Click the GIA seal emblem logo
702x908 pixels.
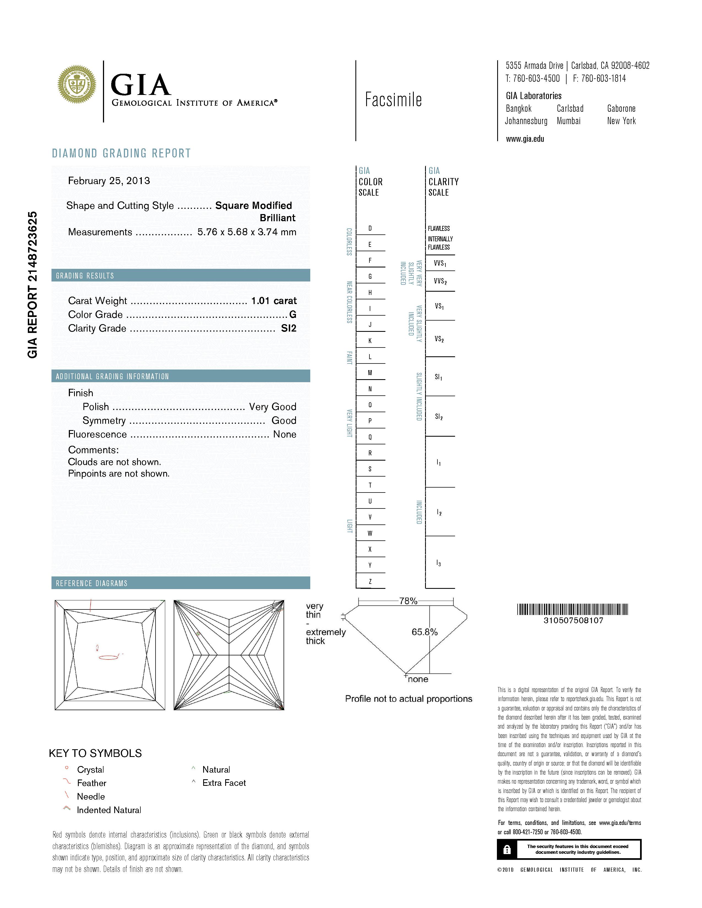[77, 84]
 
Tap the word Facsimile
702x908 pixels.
[393, 100]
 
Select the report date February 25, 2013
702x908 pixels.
[109, 181]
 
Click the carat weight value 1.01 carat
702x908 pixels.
[274, 300]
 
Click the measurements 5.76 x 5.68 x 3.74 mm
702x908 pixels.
[247, 232]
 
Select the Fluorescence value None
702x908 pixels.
[284, 434]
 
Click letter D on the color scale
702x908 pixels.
[370, 228]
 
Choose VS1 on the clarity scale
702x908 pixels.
[439, 307]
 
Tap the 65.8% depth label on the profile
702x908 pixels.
[425, 632]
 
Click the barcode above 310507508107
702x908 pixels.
[572, 609]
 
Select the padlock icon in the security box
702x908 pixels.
[507, 850]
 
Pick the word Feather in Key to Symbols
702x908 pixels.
[91, 783]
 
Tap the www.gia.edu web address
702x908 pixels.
[525, 139]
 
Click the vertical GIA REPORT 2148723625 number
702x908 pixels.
[32, 285]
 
